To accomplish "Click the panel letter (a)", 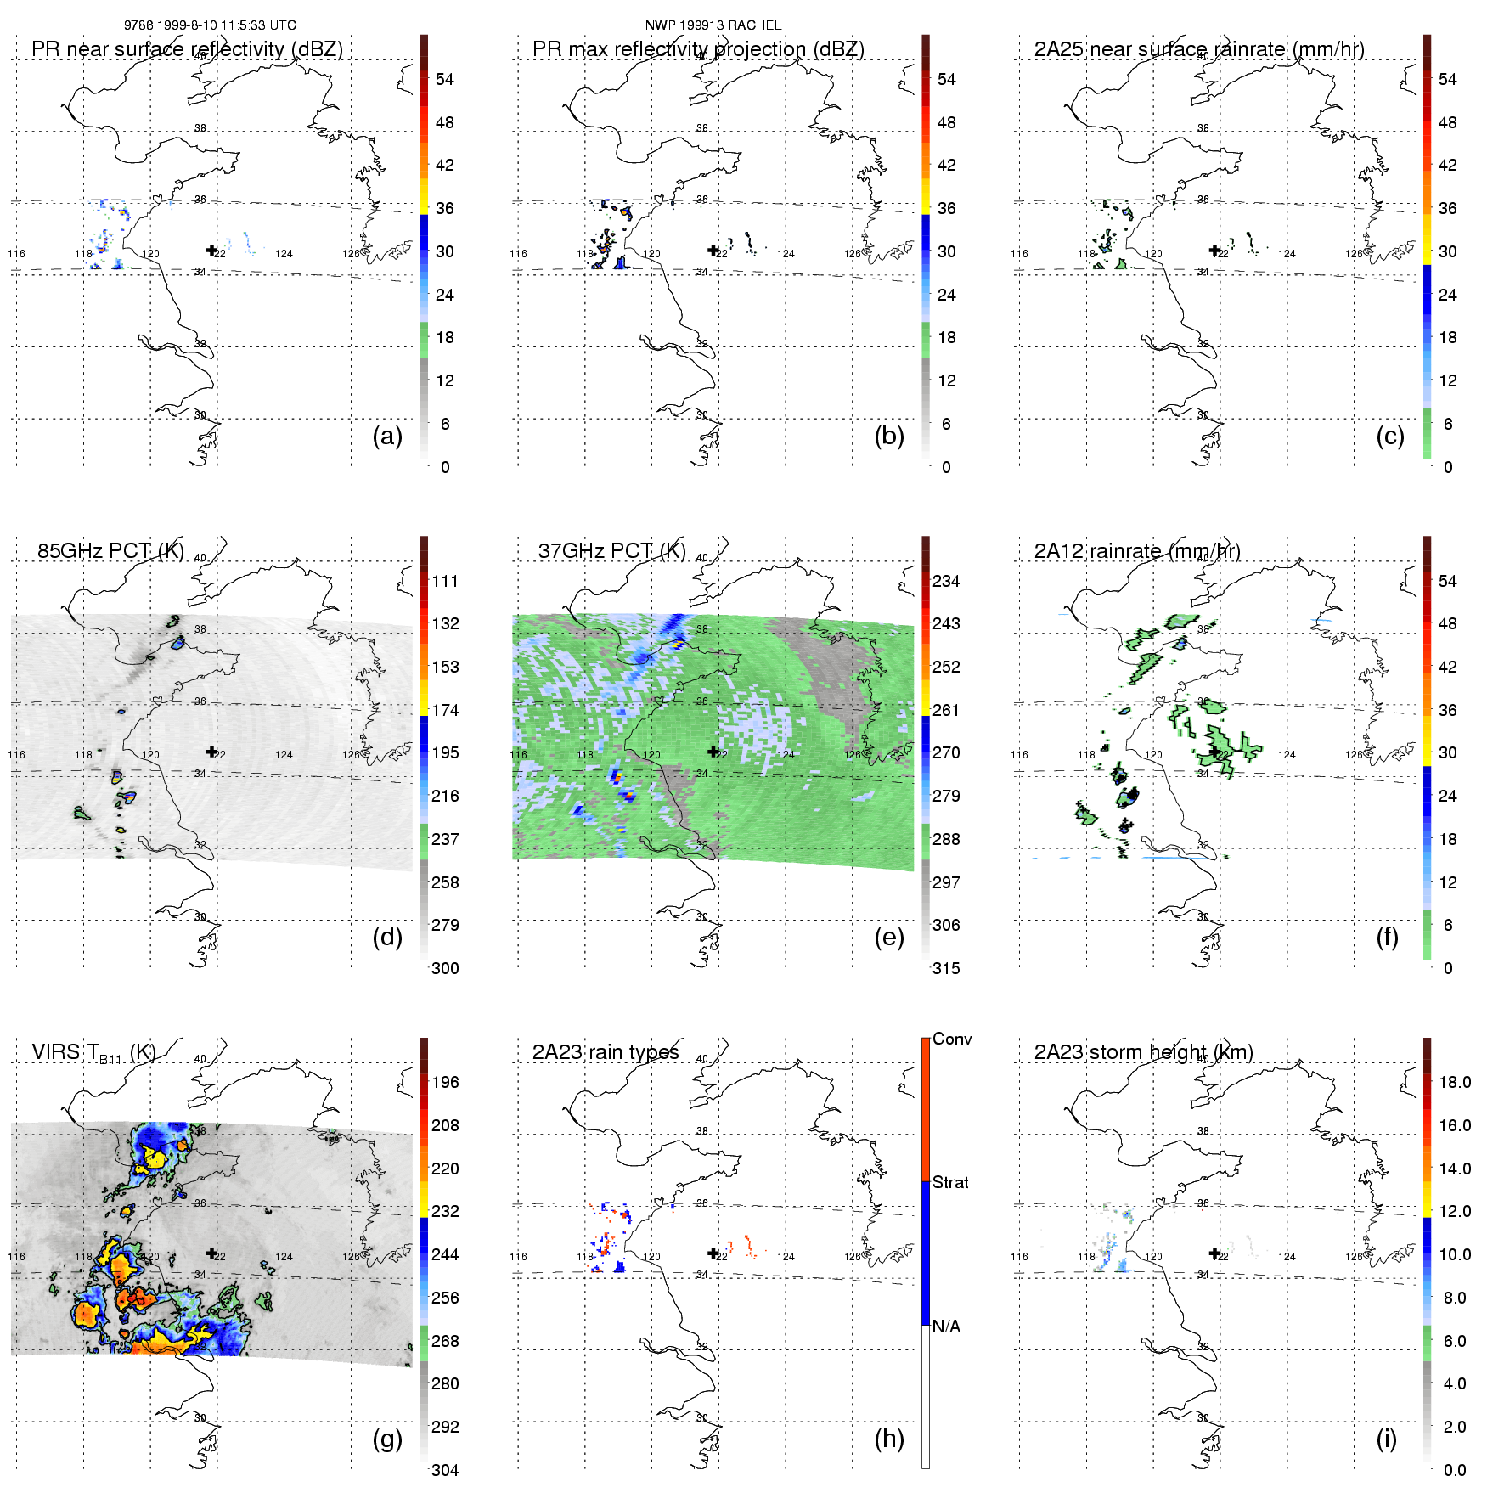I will (x=387, y=436).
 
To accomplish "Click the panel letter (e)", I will (x=888, y=937).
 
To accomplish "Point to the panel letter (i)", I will (x=1386, y=1439).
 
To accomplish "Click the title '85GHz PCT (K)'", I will (x=110, y=550).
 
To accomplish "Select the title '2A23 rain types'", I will (x=606, y=1052).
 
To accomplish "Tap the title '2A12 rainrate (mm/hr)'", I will (x=1137, y=550).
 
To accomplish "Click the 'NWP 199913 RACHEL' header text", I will (x=713, y=25).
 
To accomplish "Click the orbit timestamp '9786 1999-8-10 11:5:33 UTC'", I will (x=210, y=25).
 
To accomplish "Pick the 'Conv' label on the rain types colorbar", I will (x=952, y=1039).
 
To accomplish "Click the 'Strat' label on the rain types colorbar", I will (x=950, y=1182).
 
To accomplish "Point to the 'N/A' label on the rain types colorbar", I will (x=946, y=1327).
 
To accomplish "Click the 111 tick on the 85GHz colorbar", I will (x=445, y=581).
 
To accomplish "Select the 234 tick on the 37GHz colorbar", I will (x=946, y=581).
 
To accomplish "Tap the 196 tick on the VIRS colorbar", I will (x=445, y=1082).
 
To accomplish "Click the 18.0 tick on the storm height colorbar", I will (x=1455, y=1082).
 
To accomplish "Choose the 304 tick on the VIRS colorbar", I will (x=445, y=1470).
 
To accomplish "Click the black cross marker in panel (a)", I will (x=211, y=250).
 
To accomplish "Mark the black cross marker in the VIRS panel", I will (x=211, y=1253).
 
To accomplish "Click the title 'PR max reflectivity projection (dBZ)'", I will (x=698, y=49).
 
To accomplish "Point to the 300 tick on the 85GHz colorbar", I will (x=445, y=968).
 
